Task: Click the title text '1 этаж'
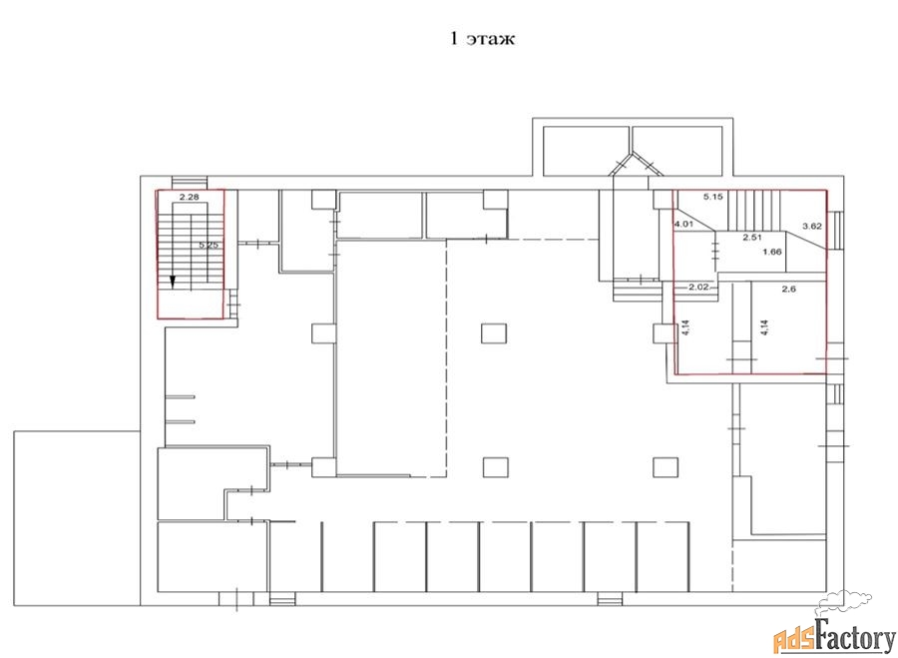(482, 39)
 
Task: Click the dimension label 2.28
(189, 197)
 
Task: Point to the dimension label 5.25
(209, 246)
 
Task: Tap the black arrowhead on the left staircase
(173, 281)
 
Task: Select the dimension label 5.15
(713, 197)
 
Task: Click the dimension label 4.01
(683, 224)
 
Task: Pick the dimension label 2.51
(752, 237)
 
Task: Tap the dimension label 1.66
(772, 252)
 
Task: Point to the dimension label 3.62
(812, 227)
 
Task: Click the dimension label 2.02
(699, 288)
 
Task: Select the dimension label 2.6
(788, 290)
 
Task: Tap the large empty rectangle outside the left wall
(77, 518)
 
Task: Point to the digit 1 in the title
(454, 39)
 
